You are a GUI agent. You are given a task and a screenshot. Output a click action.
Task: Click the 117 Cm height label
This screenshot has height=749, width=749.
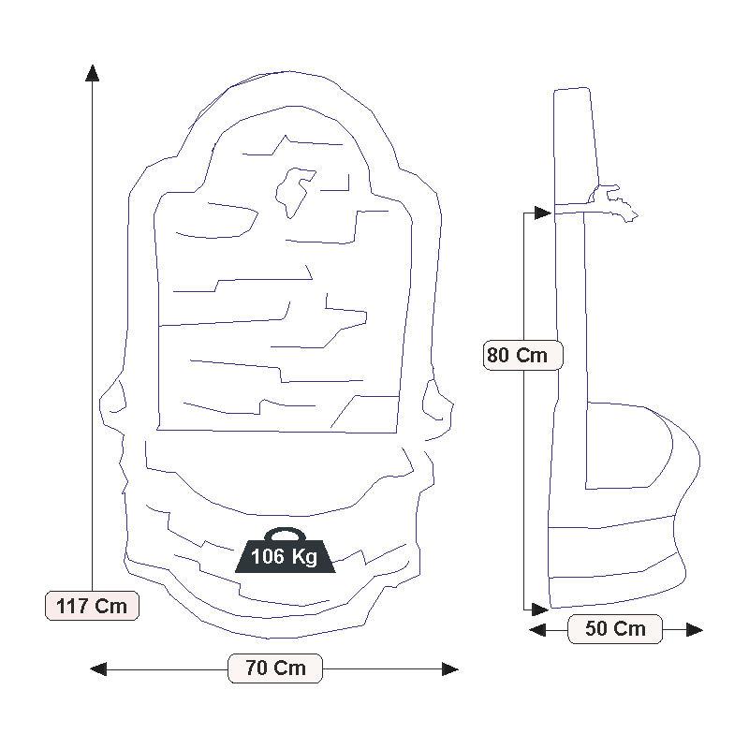click(x=92, y=606)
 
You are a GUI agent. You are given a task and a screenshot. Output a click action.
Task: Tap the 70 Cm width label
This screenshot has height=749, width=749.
click(x=275, y=668)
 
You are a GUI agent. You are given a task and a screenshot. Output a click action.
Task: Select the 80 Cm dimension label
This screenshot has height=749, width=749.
click(x=523, y=355)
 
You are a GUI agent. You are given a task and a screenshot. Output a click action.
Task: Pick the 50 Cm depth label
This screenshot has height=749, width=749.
click(x=615, y=628)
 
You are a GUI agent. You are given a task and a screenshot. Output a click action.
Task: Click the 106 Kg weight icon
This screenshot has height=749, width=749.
click(x=286, y=551)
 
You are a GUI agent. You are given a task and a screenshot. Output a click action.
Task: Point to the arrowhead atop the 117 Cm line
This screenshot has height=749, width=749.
click(x=92, y=73)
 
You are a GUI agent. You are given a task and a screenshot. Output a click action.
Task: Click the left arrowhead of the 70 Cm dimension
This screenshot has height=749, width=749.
click(x=98, y=668)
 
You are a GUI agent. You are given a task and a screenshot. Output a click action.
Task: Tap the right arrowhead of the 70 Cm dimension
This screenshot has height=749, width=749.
click(x=450, y=668)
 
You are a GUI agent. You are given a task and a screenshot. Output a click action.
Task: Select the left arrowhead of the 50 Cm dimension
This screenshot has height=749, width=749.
click(x=537, y=629)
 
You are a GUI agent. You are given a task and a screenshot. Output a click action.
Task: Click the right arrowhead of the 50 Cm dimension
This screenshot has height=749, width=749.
click(x=695, y=629)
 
